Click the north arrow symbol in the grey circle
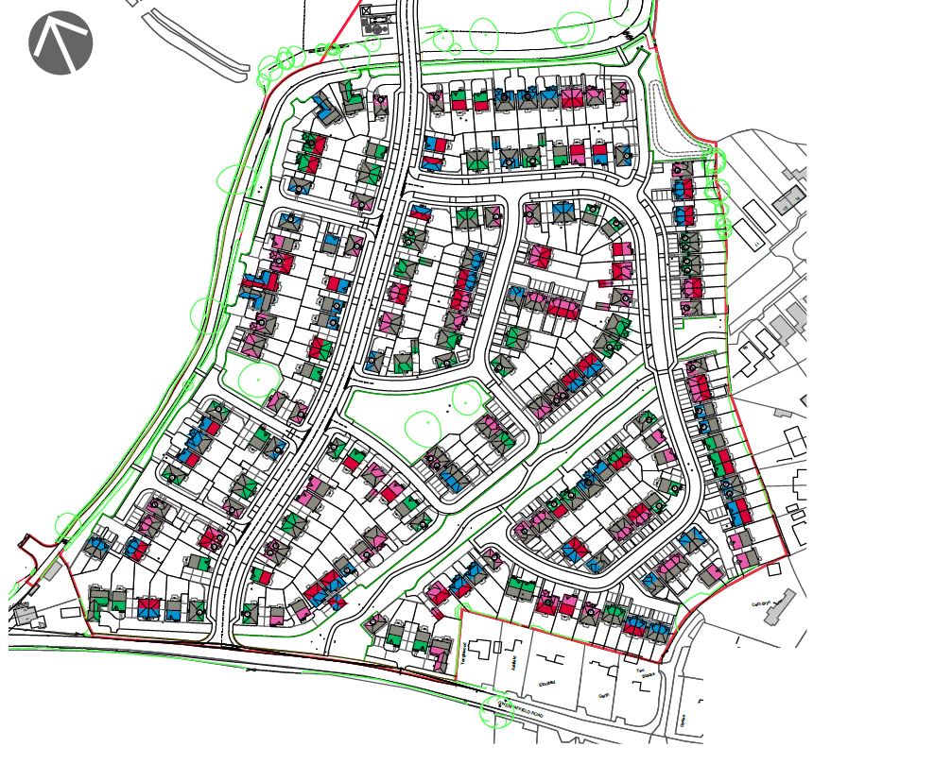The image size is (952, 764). [x=61, y=42]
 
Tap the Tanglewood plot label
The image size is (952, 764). [x=466, y=655]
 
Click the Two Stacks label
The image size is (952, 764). [x=647, y=675]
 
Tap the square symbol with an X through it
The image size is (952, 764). [x=367, y=10]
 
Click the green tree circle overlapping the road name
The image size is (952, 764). [x=496, y=712]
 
